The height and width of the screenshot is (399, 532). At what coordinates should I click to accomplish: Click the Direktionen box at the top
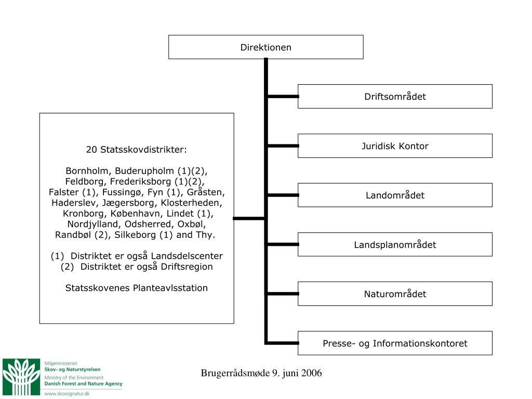(x=265, y=47)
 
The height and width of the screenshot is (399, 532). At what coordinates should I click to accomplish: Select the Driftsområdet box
(x=395, y=97)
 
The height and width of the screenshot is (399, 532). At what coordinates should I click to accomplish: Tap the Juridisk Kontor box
(x=395, y=146)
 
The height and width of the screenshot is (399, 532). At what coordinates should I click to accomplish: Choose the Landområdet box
(x=395, y=195)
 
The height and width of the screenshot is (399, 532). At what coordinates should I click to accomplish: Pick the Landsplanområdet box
(x=395, y=245)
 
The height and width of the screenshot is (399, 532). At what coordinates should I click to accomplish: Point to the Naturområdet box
(x=395, y=294)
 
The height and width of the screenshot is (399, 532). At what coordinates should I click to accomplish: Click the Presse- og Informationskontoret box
(x=395, y=343)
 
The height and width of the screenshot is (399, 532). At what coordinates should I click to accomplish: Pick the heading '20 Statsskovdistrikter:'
(x=136, y=150)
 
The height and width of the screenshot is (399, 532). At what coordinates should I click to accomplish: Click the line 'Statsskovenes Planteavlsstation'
(x=136, y=288)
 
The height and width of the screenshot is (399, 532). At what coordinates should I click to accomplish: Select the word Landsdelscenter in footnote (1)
(x=187, y=256)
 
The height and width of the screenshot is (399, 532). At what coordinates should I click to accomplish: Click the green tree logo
(x=21, y=377)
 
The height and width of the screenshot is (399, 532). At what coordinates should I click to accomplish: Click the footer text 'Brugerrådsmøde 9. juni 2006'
(x=261, y=373)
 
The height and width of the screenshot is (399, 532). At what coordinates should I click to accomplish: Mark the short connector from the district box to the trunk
(x=249, y=218)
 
